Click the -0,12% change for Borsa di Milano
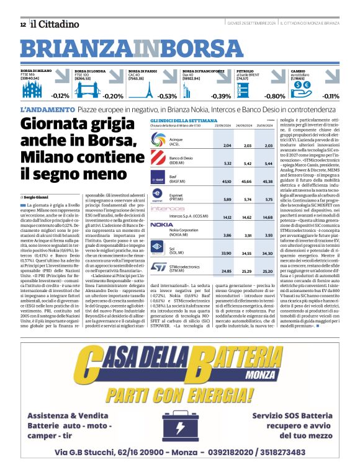coord(60,96)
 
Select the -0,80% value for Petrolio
coord(275,96)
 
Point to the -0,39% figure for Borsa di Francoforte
coord(220,96)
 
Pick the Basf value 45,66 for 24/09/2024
coord(244,182)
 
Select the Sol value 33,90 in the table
coord(227,254)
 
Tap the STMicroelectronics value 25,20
coord(268,271)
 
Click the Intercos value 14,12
coord(227,218)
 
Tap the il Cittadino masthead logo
coord(56,24)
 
